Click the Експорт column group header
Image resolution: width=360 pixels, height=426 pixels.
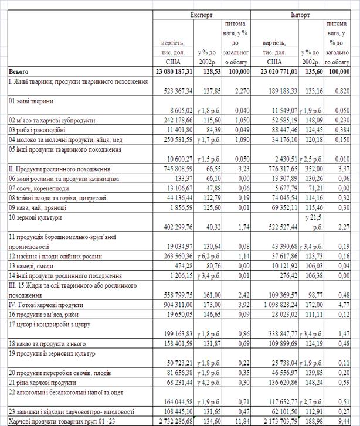[201, 14]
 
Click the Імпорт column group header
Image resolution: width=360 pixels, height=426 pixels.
[300, 14]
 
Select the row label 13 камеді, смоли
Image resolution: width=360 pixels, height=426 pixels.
[36, 265]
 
